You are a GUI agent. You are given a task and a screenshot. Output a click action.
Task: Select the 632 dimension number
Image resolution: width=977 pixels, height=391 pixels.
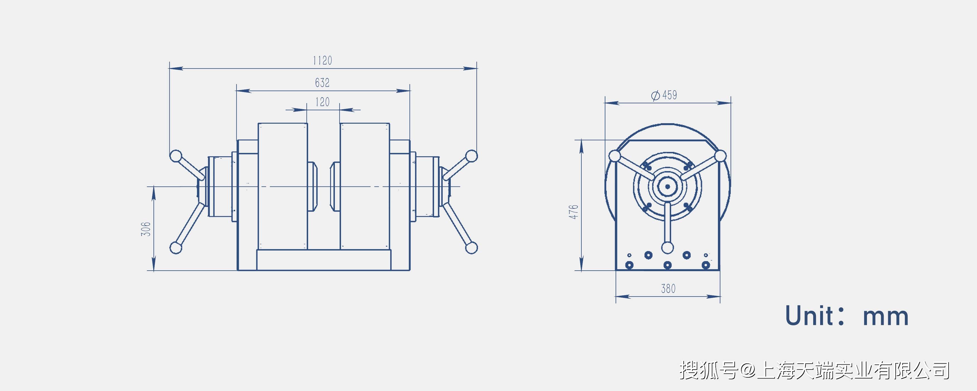[322, 83]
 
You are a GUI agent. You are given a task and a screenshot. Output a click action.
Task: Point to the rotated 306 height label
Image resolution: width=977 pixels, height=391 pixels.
[146, 229]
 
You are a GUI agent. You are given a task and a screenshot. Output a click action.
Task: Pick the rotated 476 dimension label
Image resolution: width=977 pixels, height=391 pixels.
[573, 212]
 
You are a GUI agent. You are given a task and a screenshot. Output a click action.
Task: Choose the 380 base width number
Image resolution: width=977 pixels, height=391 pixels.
[668, 289]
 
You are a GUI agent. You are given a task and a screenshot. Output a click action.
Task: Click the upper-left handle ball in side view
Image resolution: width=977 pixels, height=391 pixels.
[176, 156]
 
